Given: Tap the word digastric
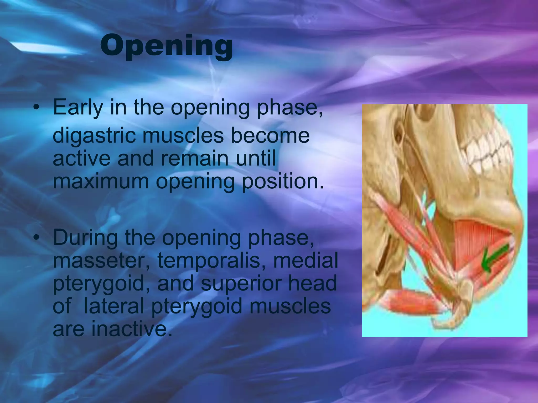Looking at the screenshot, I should point(95,137).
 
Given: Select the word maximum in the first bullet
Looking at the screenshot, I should point(101,182).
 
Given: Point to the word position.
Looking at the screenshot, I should point(282,182).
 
